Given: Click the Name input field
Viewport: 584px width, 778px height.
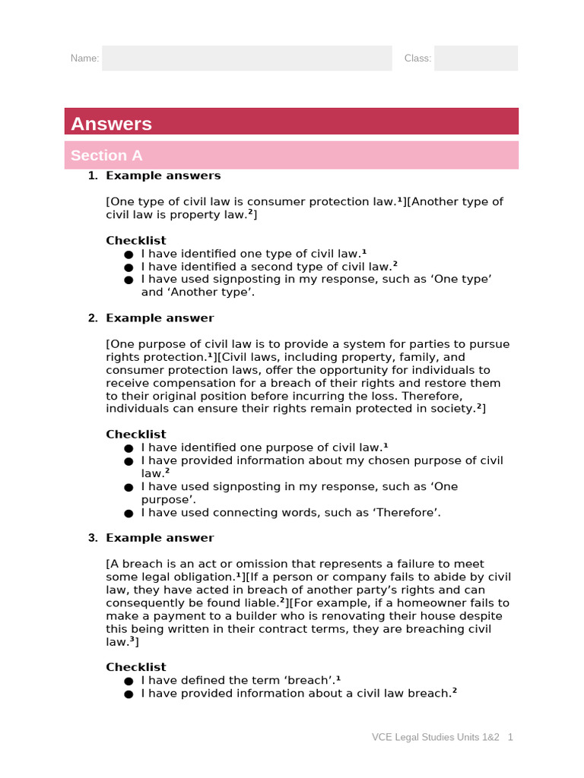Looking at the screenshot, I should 247,59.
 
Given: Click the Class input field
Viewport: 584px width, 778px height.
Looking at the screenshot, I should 476,59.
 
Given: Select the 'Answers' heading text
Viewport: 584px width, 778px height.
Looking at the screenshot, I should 111,124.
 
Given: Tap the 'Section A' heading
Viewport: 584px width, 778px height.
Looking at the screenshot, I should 106,156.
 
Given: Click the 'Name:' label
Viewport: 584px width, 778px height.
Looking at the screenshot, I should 84,59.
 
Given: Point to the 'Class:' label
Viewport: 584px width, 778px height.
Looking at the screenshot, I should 417,59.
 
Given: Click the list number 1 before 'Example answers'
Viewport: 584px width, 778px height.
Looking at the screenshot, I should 92,176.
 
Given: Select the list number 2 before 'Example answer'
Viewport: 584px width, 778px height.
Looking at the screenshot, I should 92,318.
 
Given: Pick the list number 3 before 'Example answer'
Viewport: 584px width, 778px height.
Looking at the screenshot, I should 92,538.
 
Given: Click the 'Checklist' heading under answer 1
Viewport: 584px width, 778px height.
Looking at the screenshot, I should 135,241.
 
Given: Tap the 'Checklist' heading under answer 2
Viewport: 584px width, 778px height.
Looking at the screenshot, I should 135,435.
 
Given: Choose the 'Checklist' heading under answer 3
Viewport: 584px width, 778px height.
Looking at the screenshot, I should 135,667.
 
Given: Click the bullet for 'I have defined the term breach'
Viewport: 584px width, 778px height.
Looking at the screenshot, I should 129,681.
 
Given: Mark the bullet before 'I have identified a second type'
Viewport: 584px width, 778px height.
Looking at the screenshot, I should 129,267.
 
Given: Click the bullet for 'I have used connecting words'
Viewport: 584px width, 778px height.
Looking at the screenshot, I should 129,513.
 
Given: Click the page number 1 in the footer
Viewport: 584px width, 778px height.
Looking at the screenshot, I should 511,737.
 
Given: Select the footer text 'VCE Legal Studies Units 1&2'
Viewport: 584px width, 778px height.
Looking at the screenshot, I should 435,737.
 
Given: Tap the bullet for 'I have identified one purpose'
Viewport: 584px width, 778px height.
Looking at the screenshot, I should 129,448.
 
